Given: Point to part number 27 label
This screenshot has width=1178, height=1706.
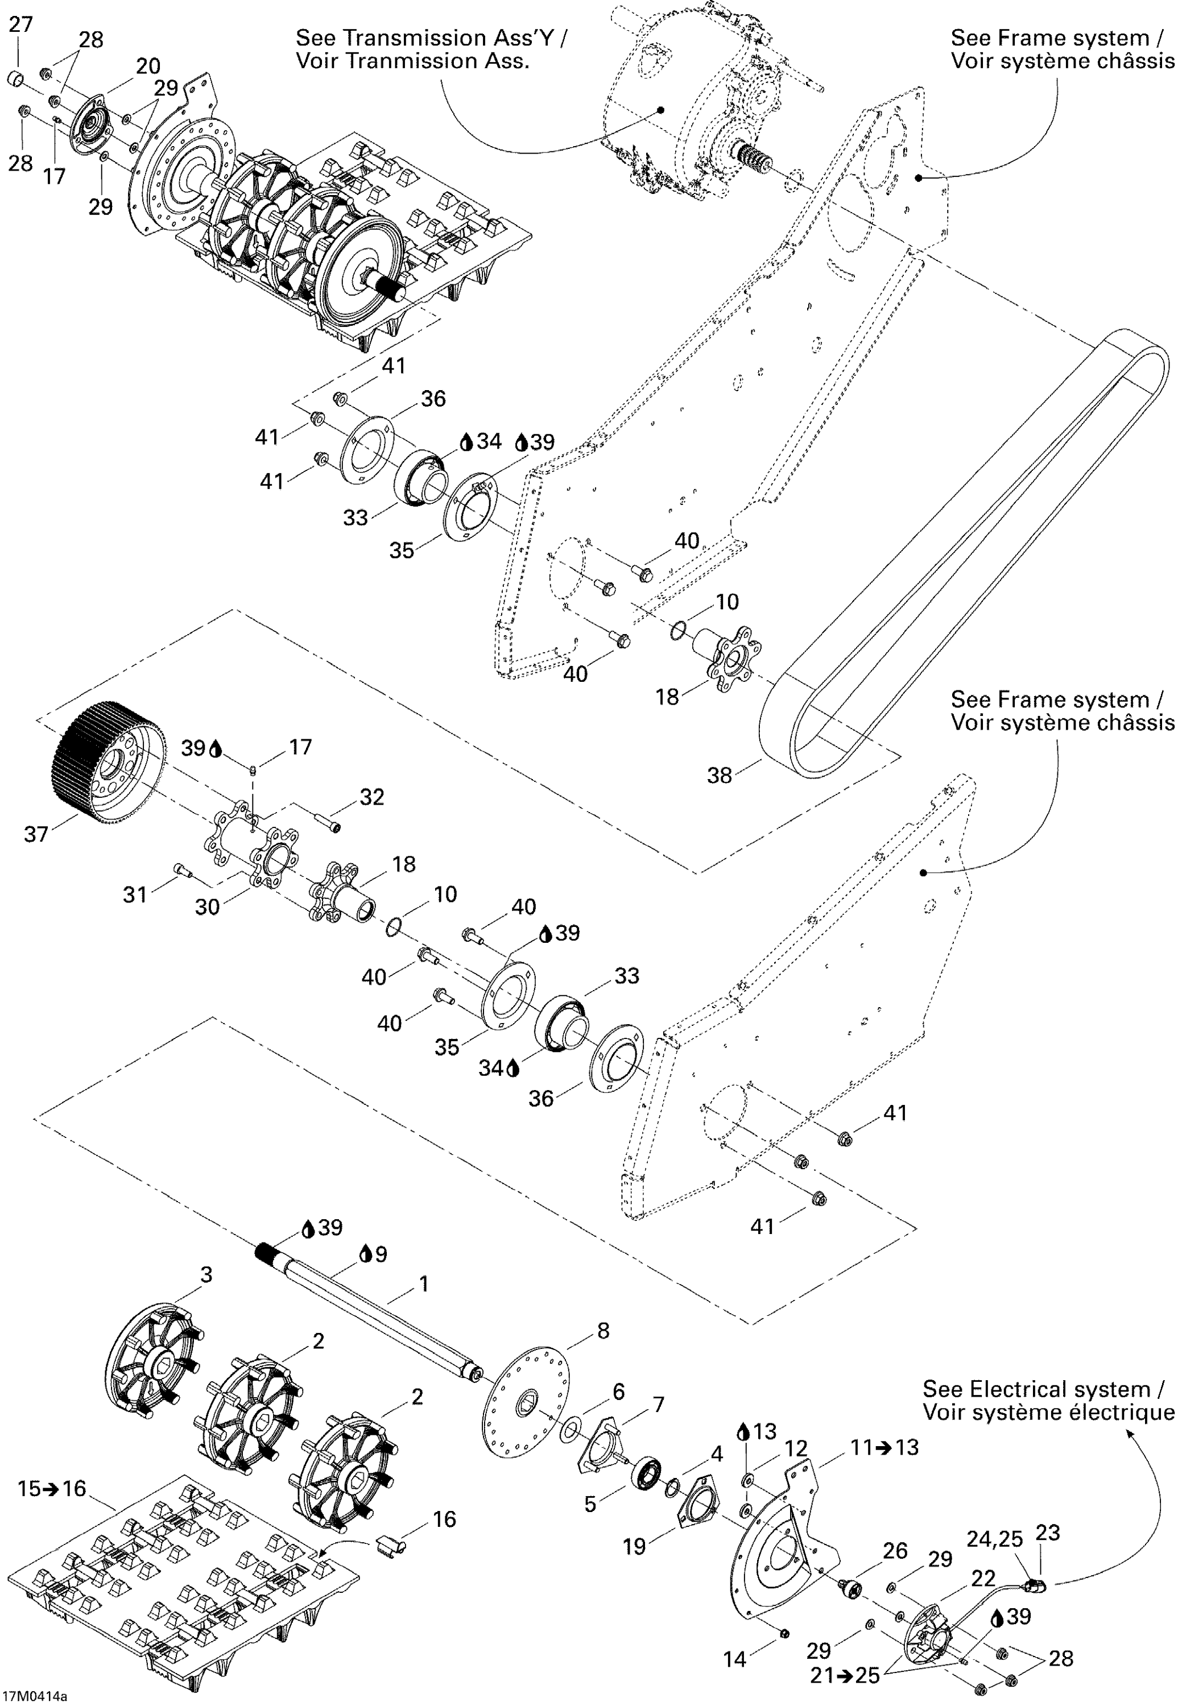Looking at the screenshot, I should tap(20, 24).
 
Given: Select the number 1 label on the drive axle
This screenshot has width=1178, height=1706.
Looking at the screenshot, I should tap(424, 1284).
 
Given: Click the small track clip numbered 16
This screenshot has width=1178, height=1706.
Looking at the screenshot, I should tap(392, 1544).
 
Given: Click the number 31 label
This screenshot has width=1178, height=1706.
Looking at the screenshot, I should tap(135, 895).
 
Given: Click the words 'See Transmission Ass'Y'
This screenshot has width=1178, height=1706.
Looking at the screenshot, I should tap(432, 38).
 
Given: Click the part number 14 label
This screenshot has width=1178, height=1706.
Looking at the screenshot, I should tap(735, 1659).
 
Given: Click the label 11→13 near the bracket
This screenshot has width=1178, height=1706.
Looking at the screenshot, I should tap(884, 1447).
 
